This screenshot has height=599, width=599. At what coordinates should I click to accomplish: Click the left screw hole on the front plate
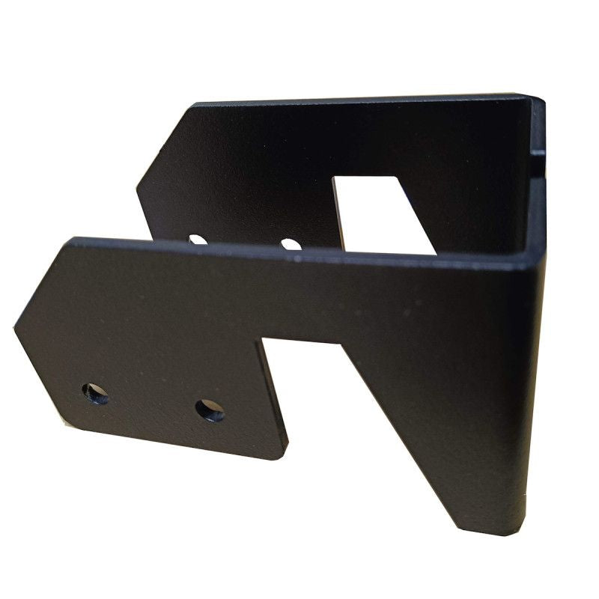(95, 393)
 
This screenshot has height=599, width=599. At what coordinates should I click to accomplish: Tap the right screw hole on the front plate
(210, 410)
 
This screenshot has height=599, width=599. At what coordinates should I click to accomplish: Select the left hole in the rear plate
(197, 240)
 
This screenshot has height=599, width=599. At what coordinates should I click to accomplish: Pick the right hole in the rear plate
(291, 243)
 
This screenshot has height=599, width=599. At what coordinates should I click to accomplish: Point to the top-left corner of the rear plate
(194, 104)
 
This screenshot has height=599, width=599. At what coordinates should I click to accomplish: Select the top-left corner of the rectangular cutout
(334, 179)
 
